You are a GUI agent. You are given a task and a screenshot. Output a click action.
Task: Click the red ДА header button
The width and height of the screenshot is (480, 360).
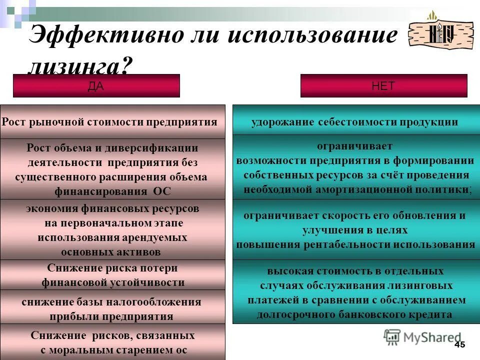[96, 85]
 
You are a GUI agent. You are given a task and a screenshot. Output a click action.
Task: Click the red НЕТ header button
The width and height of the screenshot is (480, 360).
[383, 85]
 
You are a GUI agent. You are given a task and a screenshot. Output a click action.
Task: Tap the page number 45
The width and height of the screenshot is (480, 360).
[460, 344]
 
